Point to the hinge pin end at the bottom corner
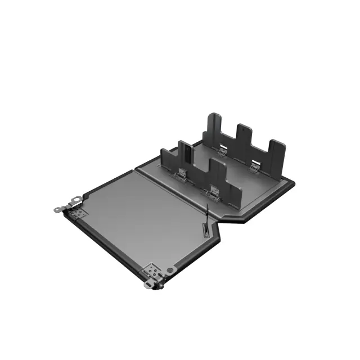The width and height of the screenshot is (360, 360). click(x=147, y=285)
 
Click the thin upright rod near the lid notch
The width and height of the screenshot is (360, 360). click(x=206, y=213)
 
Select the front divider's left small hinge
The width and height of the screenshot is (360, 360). click(x=183, y=174)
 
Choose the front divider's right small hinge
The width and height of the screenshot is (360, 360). click(x=214, y=191)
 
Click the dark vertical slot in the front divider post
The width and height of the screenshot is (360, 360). click(x=183, y=152)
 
